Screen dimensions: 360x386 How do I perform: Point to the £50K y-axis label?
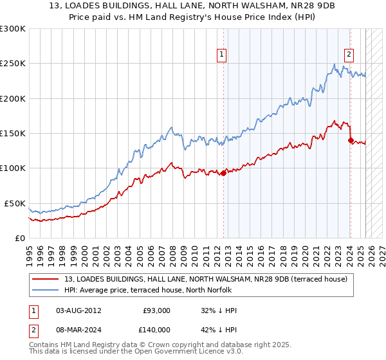coord(14,203)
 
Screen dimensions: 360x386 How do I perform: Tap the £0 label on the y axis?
coord(19,238)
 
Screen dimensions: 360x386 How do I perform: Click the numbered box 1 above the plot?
coord(221,55)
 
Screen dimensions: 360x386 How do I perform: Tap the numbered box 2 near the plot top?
coord(349,55)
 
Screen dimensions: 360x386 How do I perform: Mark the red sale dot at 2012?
coord(223,173)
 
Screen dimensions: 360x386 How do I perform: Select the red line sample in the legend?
coord(45,279)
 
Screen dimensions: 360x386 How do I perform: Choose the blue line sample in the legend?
coord(45,291)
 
